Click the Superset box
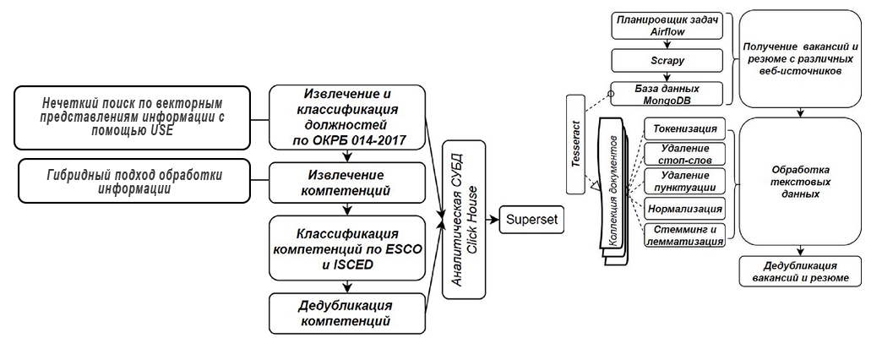pyautogui.click(x=530, y=221)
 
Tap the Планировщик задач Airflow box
pyautogui.click(x=666, y=25)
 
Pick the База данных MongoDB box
pyautogui.click(x=667, y=94)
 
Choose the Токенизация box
pyautogui.click(x=683, y=128)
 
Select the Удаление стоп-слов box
pyautogui.click(x=683, y=155)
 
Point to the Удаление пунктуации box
pyautogui.click(x=683, y=181)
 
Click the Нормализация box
pyautogui.click(x=683, y=208)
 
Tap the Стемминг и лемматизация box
pyautogui.click(x=683, y=234)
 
